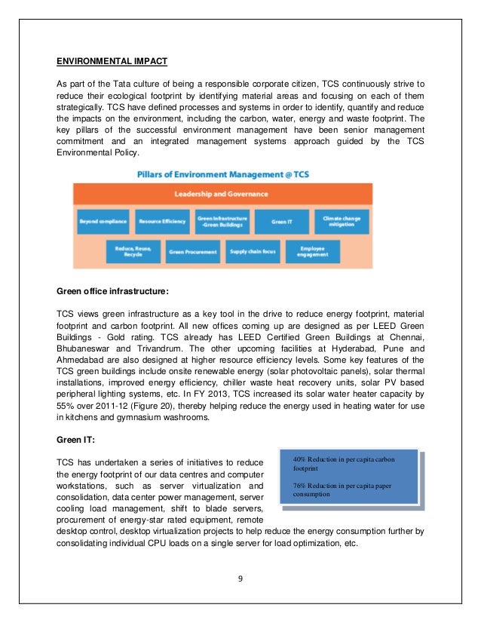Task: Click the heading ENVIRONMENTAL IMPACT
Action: click(x=112, y=60)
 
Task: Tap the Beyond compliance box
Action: click(x=102, y=221)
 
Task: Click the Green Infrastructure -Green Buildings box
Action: click(x=222, y=221)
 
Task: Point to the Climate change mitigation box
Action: click(x=342, y=221)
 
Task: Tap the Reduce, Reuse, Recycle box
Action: click(x=128, y=250)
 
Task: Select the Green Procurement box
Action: click(x=192, y=251)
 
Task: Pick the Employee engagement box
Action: click(x=313, y=250)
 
